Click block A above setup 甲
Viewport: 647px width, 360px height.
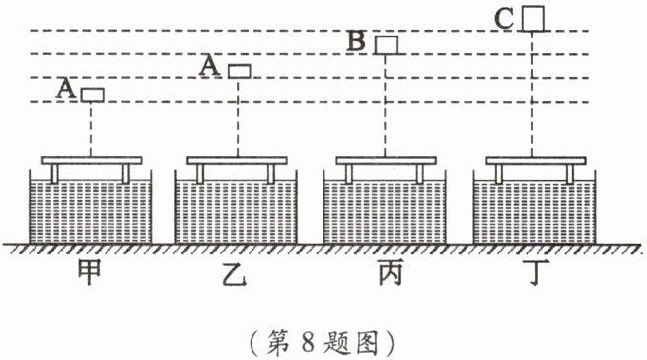92,95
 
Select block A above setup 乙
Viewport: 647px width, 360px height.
240,71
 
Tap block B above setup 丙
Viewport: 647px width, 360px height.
387,45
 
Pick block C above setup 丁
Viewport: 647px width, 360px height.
534,18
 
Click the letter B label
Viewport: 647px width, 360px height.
356,41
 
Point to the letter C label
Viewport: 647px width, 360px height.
504,18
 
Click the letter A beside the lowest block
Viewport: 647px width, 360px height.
66,88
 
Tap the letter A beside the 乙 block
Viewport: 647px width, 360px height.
210,66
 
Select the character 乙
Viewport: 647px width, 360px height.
235,273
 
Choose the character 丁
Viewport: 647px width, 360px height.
536,273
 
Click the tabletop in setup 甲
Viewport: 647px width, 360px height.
92,160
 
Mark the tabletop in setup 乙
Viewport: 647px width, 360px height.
237,160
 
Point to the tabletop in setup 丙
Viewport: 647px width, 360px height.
386,160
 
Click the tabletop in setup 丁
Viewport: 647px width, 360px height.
536,160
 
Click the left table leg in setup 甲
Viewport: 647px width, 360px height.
55,174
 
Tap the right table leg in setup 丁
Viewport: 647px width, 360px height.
569,174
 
